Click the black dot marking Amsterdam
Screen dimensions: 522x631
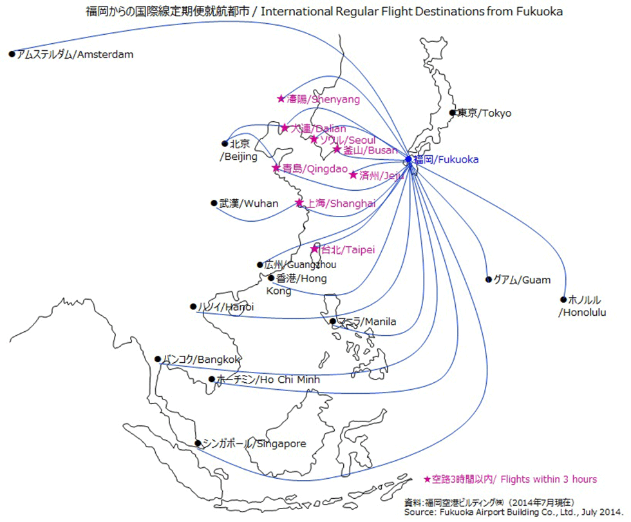12,54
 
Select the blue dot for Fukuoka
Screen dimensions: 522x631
408,159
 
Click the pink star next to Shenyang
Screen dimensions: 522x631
281,99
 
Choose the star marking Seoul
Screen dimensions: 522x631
314,139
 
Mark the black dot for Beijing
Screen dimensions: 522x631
225,144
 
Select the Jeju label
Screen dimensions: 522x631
381,175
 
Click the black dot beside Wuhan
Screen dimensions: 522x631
214,203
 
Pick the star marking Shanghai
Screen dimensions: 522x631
299,203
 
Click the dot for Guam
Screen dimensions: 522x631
488,280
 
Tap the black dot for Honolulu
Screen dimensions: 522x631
564,299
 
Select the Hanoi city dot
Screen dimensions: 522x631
193,307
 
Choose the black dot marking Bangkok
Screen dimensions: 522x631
158,359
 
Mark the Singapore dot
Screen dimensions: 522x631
198,443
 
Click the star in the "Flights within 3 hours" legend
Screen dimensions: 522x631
428,479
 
